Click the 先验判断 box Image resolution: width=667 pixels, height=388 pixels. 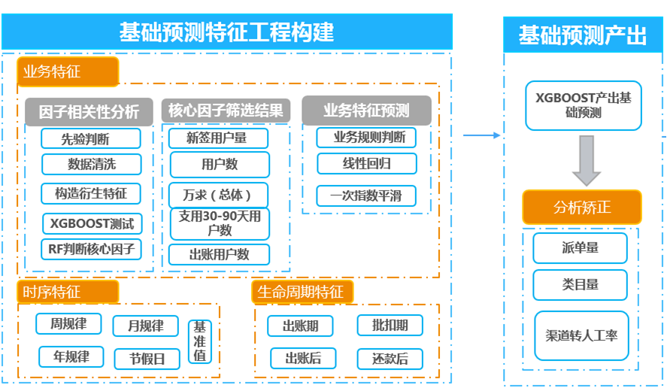[91, 138]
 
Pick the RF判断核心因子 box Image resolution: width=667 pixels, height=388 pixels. [91, 249]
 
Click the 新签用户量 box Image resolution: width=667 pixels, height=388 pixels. [218, 138]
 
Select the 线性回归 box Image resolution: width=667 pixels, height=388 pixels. [365, 163]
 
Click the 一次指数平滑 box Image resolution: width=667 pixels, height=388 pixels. [365, 196]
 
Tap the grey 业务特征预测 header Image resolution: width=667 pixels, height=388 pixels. [366, 111]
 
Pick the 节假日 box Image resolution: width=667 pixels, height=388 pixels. [147, 359]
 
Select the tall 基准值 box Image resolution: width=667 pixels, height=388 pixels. [200, 342]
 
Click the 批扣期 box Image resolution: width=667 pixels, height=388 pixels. [390, 326]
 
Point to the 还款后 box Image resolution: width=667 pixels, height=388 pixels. [390, 359]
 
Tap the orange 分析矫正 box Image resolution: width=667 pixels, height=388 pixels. [582, 208]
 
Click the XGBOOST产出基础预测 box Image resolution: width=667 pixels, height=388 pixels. [583, 105]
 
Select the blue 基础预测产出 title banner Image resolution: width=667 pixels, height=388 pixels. [583, 35]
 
